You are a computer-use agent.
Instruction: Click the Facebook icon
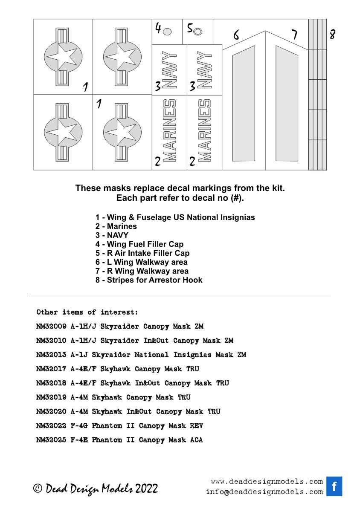pyautogui.click(x=334, y=486)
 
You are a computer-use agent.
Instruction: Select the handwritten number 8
pyautogui.click(x=332, y=35)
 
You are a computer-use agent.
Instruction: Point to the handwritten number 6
pyautogui.click(x=236, y=34)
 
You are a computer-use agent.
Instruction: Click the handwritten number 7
pyautogui.click(x=294, y=35)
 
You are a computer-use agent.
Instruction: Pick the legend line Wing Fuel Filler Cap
pyautogui.click(x=139, y=244)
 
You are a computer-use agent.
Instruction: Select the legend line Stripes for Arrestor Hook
pyautogui.click(x=149, y=280)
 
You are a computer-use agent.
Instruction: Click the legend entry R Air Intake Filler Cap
pyautogui.click(x=142, y=253)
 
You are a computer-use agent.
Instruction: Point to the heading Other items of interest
pyautogui.click(x=87, y=312)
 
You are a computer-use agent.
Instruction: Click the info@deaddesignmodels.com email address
pyautogui.click(x=264, y=492)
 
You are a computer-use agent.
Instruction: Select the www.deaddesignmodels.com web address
pyautogui.click(x=267, y=482)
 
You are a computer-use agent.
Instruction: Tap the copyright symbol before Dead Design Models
pyautogui.click(x=38, y=489)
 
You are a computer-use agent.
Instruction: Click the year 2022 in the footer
pyautogui.click(x=146, y=489)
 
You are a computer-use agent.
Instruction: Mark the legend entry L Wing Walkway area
pyautogui.click(x=141, y=262)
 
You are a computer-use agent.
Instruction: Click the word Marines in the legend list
pyautogui.click(x=122, y=226)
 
